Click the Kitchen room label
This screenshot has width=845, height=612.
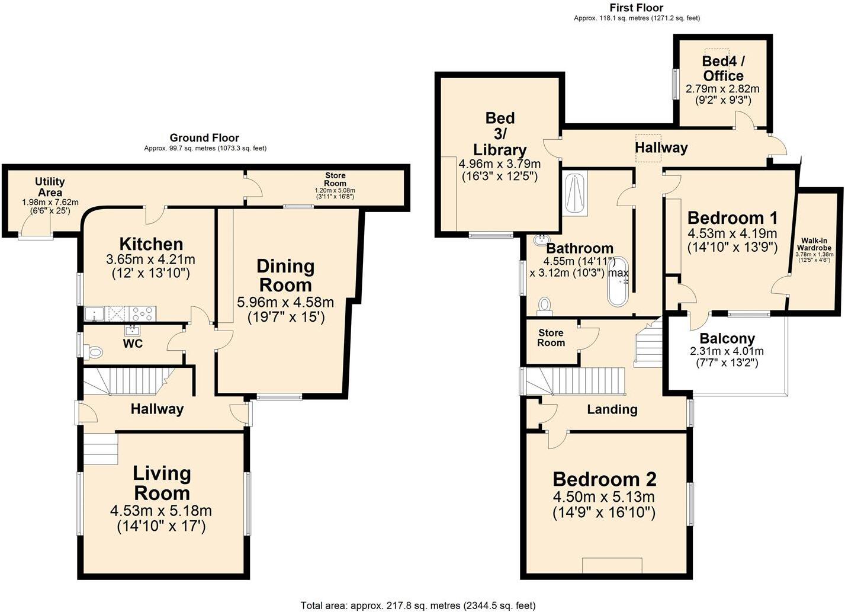[x=151, y=244]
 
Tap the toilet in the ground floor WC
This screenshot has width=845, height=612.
[x=93, y=353]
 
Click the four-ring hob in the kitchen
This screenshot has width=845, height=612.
[x=142, y=314]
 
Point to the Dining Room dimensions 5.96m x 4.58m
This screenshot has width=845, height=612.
[x=285, y=302]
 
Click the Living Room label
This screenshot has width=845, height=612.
[x=162, y=483]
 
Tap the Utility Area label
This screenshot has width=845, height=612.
[x=50, y=187]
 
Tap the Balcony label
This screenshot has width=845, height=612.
[x=727, y=338]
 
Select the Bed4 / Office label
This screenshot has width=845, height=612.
[x=723, y=68]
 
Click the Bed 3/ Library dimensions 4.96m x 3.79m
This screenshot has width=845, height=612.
[x=500, y=164]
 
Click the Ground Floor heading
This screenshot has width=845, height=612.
[x=204, y=137]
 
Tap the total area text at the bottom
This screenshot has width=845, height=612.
[x=418, y=606]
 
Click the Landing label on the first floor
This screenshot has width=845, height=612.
[x=612, y=409]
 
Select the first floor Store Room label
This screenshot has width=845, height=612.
[x=551, y=338]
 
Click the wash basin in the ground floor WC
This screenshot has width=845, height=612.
[x=133, y=331]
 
